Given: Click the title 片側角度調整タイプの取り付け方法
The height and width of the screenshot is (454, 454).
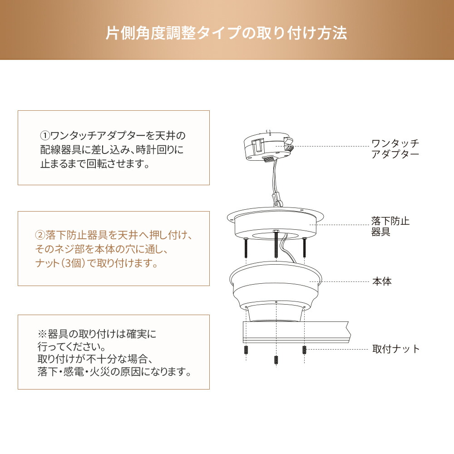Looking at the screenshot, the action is point(227,33).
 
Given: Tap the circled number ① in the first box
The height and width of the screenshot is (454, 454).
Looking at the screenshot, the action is point(45,135).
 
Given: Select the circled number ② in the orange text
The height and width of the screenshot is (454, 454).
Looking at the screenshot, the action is point(40,235).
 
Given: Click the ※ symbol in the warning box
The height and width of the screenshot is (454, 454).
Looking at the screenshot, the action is point(42,334).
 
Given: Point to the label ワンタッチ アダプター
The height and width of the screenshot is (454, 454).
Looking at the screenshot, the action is point(395,148).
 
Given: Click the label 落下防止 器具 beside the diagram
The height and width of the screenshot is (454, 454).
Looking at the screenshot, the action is point(390,227).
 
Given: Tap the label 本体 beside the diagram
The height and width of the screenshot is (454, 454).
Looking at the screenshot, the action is point(382,281).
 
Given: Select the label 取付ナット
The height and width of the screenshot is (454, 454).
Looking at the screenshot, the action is point(396,349).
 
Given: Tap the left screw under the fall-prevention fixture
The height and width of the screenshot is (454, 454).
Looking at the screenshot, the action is point(246,247).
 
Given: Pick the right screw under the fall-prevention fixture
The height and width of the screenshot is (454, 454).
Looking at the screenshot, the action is point(304,247).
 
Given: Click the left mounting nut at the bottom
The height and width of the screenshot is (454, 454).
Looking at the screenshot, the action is point(246,350).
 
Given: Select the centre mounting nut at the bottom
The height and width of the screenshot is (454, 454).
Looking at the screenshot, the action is point(276,360).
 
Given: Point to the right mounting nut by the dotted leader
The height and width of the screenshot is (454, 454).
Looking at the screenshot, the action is point(304,350).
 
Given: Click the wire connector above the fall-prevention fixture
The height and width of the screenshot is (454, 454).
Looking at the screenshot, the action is point(277,199).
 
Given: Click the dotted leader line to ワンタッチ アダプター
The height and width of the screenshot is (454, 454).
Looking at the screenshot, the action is point(331,146).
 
